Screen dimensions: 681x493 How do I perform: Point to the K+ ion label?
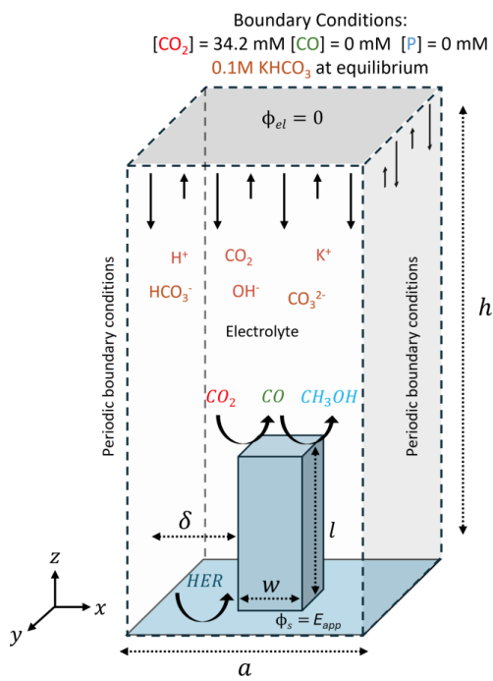point(323,255)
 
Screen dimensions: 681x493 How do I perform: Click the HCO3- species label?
point(170,292)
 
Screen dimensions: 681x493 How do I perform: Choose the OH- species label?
point(245,292)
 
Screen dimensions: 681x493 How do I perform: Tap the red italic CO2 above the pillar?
point(221,398)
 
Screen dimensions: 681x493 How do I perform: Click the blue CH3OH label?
point(331,398)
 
